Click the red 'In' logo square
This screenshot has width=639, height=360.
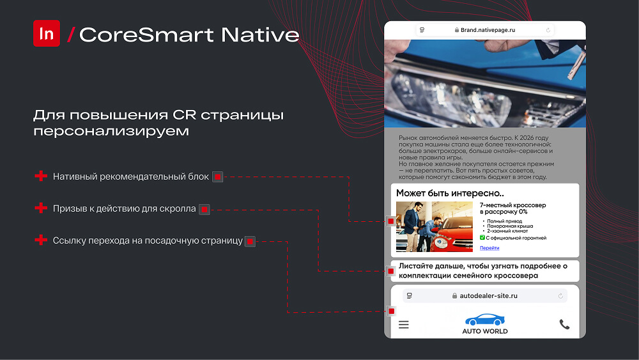point(47,33)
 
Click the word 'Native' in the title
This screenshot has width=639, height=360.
point(260,35)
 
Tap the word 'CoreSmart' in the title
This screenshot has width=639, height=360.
point(146,35)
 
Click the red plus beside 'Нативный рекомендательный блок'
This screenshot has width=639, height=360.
point(41,176)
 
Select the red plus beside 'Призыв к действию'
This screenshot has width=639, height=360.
point(41,208)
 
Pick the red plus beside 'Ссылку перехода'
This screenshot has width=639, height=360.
point(41,240)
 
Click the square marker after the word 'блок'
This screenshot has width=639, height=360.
point(218,177)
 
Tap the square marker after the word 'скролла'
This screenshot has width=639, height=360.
point(204,210)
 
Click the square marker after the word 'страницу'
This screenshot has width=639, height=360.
point(250,242)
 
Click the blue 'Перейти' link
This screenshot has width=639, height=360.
point(489,248)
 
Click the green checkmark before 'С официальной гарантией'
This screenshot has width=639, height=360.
point(482,238)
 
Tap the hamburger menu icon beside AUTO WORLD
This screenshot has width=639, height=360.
point(403,325)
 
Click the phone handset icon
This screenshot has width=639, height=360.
point(564,325)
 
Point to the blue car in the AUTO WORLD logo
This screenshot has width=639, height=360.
point(484,320)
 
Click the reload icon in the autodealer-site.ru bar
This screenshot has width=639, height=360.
point(560,296)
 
